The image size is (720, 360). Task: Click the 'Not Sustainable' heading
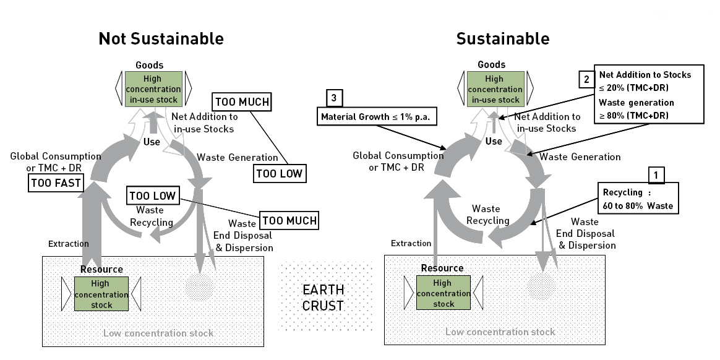tap(161, 39)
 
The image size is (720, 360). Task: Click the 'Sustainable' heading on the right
tap(502, 39)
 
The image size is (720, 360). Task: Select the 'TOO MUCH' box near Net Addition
tap(242, 101)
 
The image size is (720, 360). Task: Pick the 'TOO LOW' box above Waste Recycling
tap(152, 196)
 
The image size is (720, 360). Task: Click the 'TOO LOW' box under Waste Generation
tap(280, 174)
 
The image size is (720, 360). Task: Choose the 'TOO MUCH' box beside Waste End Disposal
tap(289, 220)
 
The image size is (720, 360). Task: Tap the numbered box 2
tap(585, 79)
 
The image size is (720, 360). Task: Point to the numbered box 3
tap(335, 97)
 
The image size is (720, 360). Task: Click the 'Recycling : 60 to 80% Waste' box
tap(637, 198)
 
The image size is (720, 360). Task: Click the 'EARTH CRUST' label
tap(323, 297)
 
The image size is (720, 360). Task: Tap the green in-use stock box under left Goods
tap(153, 89)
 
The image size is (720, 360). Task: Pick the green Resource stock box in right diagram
tap(443, 293)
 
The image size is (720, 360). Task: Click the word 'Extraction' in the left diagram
tap(68, 244)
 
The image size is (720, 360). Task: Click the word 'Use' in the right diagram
tap(494, 142)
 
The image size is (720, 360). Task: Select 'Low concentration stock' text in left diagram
tap(158, 333)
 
